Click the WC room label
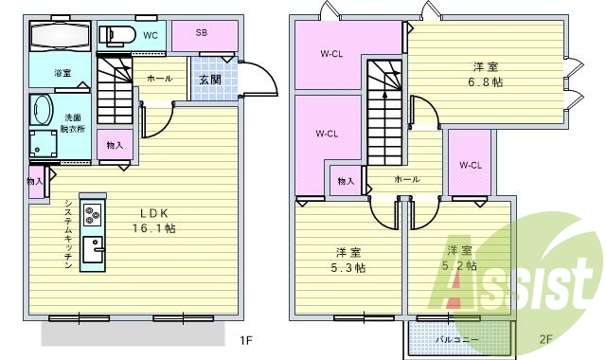click(x=150, y=35)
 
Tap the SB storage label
click(x=202, y=32)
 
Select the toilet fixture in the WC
click(x=116, y=36)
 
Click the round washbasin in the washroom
click(x=41, y=109)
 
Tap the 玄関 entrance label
click(x=209, y=81)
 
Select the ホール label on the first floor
click(x=158, y=80)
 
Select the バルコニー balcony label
click(x=457, y=338)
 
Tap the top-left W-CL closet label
click(x=330, y=54)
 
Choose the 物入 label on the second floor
click(x=346, y=181)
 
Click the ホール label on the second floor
click(x=407, y=178)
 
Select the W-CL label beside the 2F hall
click(x=471, y=165)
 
